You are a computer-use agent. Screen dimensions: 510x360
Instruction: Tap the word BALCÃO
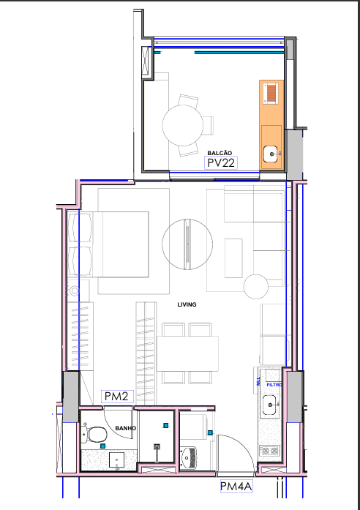[220, 152]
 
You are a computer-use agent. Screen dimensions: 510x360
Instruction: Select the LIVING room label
[188, 304]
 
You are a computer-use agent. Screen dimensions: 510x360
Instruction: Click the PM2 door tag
[116, 396]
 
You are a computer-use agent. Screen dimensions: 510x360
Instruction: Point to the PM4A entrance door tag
[236, 486]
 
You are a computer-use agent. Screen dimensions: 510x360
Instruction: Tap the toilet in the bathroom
[93, 435]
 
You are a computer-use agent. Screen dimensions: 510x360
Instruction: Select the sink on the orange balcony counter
[270, 154]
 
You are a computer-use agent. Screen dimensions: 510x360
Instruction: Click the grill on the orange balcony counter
[271, 94]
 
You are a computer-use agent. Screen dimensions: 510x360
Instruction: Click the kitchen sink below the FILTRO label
[269, 404]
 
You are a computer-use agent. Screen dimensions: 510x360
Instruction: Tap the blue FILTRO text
[274, 384]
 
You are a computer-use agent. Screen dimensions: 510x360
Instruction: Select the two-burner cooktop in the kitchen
[269, 451]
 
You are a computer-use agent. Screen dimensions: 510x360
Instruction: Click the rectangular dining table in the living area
[189, 353]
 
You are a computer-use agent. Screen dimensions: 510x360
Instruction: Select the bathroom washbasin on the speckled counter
[118, 460]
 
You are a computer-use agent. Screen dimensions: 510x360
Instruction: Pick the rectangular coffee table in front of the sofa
[234, 258]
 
